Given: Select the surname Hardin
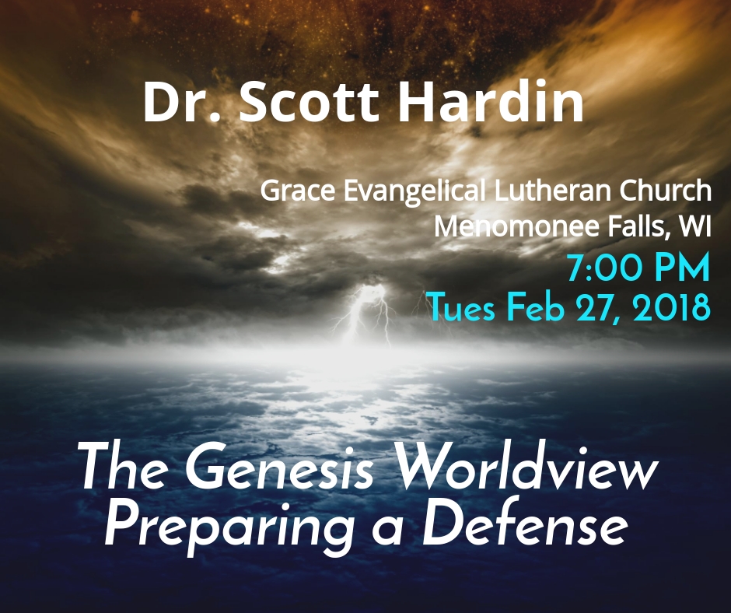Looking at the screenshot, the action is (490, 102).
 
